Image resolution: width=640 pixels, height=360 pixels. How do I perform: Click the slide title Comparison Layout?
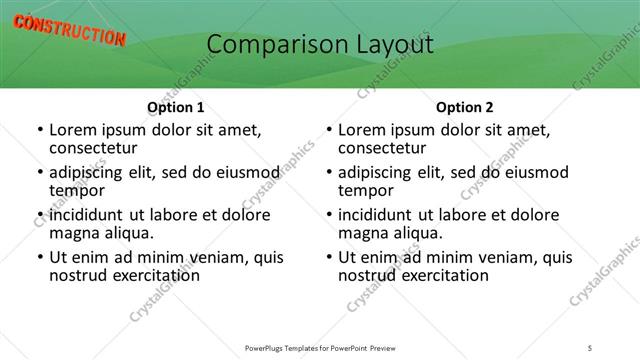pos(319,45)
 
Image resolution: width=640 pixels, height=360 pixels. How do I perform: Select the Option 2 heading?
pos(464,107)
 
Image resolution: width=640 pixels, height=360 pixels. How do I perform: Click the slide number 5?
pos(591,347)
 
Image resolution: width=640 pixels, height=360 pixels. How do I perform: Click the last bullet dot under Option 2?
pos(328,257)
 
